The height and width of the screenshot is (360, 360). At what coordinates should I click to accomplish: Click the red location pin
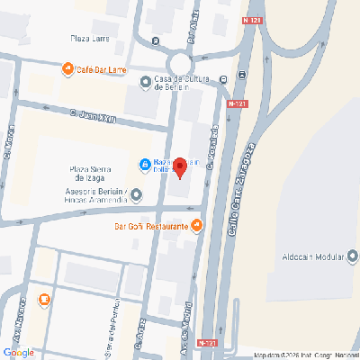pyautogui.click(x=179, y=167)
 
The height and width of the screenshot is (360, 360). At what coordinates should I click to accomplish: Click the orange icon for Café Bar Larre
pyautogui.click(x=67, y=68)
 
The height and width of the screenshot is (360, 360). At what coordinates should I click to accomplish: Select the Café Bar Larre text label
pyautogui.click(x=101, y=68)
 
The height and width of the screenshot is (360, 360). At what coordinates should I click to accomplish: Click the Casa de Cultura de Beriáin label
pyautogui.click(x=182, y=83)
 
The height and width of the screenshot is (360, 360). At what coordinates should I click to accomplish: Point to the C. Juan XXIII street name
pyautogui.click(x=94, y=114)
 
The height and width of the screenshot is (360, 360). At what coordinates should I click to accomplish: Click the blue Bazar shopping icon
pyautogui.click(x=144, y=165)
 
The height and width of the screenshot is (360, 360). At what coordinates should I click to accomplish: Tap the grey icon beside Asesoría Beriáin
pyautogui.click(x=135, y=193)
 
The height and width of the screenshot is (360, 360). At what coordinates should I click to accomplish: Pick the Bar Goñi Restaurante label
pyautogui.click(x=151, y=226)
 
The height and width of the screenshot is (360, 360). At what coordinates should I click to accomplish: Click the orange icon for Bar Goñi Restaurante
pyautogui.click(x=197, y=225)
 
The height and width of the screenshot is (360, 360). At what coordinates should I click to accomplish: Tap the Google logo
pyautogui.click(x=19, y=352)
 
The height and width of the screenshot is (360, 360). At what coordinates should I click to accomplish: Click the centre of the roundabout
pyautogui.click(x=180, y=64)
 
